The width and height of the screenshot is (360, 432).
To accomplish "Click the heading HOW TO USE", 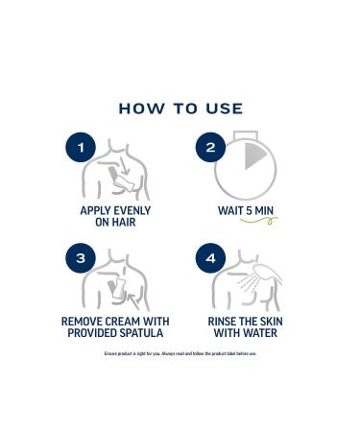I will click(x=180, y=108).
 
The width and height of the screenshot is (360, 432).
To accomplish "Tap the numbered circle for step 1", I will click(x=82, y=148).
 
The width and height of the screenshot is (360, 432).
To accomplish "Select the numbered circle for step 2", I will click(x=210, y=148).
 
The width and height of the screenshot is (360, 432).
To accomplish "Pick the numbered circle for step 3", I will click(x=82, y=259).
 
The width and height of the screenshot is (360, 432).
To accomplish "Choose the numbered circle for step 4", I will click(x=210, y=259).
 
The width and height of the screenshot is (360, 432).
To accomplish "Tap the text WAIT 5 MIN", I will click(x=247, y=208).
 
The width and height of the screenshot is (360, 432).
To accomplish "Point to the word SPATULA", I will click(x=136, y=334).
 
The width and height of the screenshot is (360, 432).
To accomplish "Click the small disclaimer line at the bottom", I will click(x=180, y=354).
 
